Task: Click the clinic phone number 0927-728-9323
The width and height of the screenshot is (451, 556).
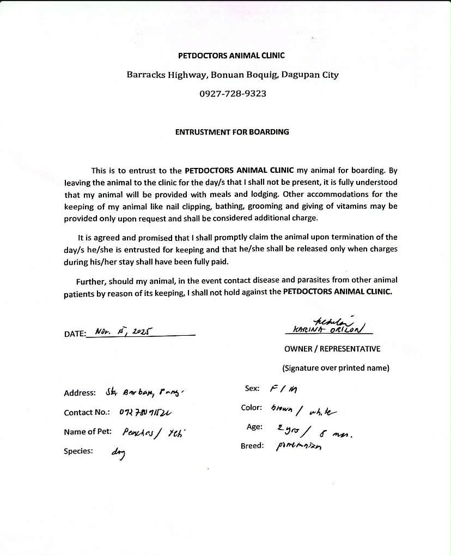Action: coord(233,94)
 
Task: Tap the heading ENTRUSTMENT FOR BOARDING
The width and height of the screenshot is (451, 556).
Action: coord(232,132)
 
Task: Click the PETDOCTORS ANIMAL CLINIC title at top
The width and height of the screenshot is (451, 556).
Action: coord(231,56)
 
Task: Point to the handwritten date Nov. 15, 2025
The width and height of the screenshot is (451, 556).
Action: coord(123,331)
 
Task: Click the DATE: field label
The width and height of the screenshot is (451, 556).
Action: coord(75,334)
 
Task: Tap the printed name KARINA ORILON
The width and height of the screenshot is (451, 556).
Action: coord(328,329)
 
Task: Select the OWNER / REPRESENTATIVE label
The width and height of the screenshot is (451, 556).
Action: coord(332,349)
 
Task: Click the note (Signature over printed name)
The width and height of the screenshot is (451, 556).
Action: coord(336,368)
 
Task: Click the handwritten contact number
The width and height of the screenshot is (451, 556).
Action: coord(146,413)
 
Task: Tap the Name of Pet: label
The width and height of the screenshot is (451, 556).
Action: coord(88,432)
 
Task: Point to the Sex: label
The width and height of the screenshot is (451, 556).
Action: coord(252,388)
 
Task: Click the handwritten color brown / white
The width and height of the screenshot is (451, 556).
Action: coord(307,409)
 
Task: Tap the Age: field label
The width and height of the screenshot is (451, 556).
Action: coord(254,427)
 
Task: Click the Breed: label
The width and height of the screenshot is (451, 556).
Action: coord(252,446)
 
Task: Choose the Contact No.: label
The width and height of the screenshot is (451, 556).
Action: coord(87,413)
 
